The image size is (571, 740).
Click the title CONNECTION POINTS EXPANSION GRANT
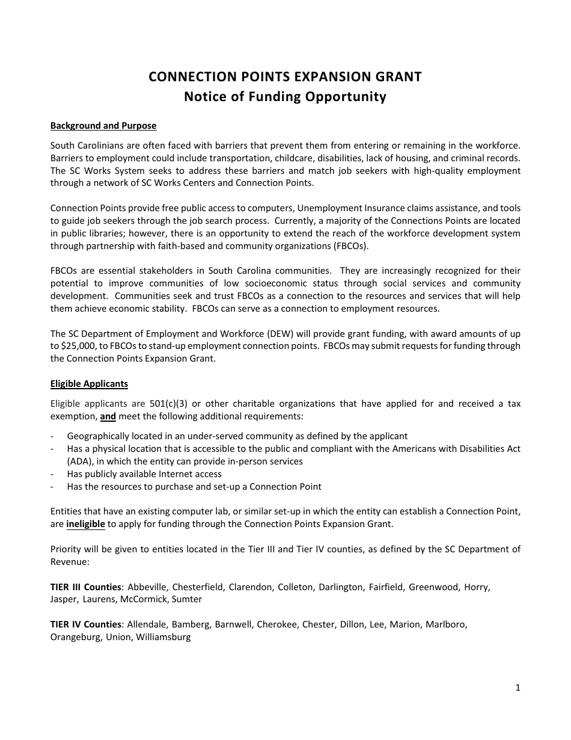click(285, 77)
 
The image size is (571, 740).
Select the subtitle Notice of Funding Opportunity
click(285, 97)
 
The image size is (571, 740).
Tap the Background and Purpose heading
click(103, 126)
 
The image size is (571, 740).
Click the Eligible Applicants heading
click(89, 384)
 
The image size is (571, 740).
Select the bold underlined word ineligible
click(85, 524)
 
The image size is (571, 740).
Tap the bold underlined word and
click(108, 416)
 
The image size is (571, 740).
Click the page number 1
click(518, 688)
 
